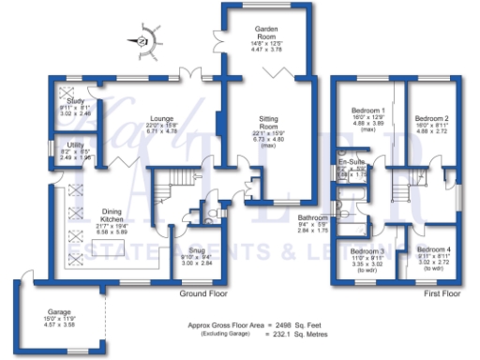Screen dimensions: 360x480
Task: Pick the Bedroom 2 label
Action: click(x=431, y=118)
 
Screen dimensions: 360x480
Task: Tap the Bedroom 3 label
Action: click(x=367, y=251)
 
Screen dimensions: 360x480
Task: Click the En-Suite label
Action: click(x=352, y=161)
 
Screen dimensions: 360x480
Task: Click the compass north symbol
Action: click(x=143, y=40)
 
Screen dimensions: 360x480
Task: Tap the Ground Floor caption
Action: click(x=206, y=293)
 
